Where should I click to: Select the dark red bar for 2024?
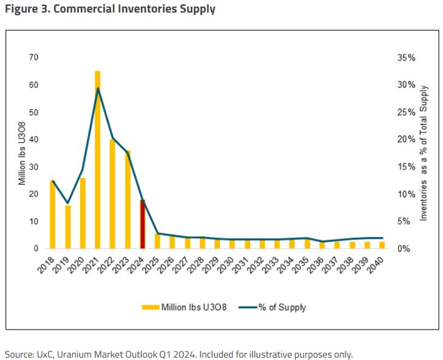(142, 224)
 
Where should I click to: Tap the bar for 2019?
(68, 226)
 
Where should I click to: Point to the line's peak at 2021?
(97, 89)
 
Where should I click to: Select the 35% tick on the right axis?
(407, 58)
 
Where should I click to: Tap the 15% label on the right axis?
(407, 166)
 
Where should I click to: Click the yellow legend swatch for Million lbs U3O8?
(149, 308)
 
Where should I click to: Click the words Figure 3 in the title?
(24, 9)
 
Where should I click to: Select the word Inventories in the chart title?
(134, 9)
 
